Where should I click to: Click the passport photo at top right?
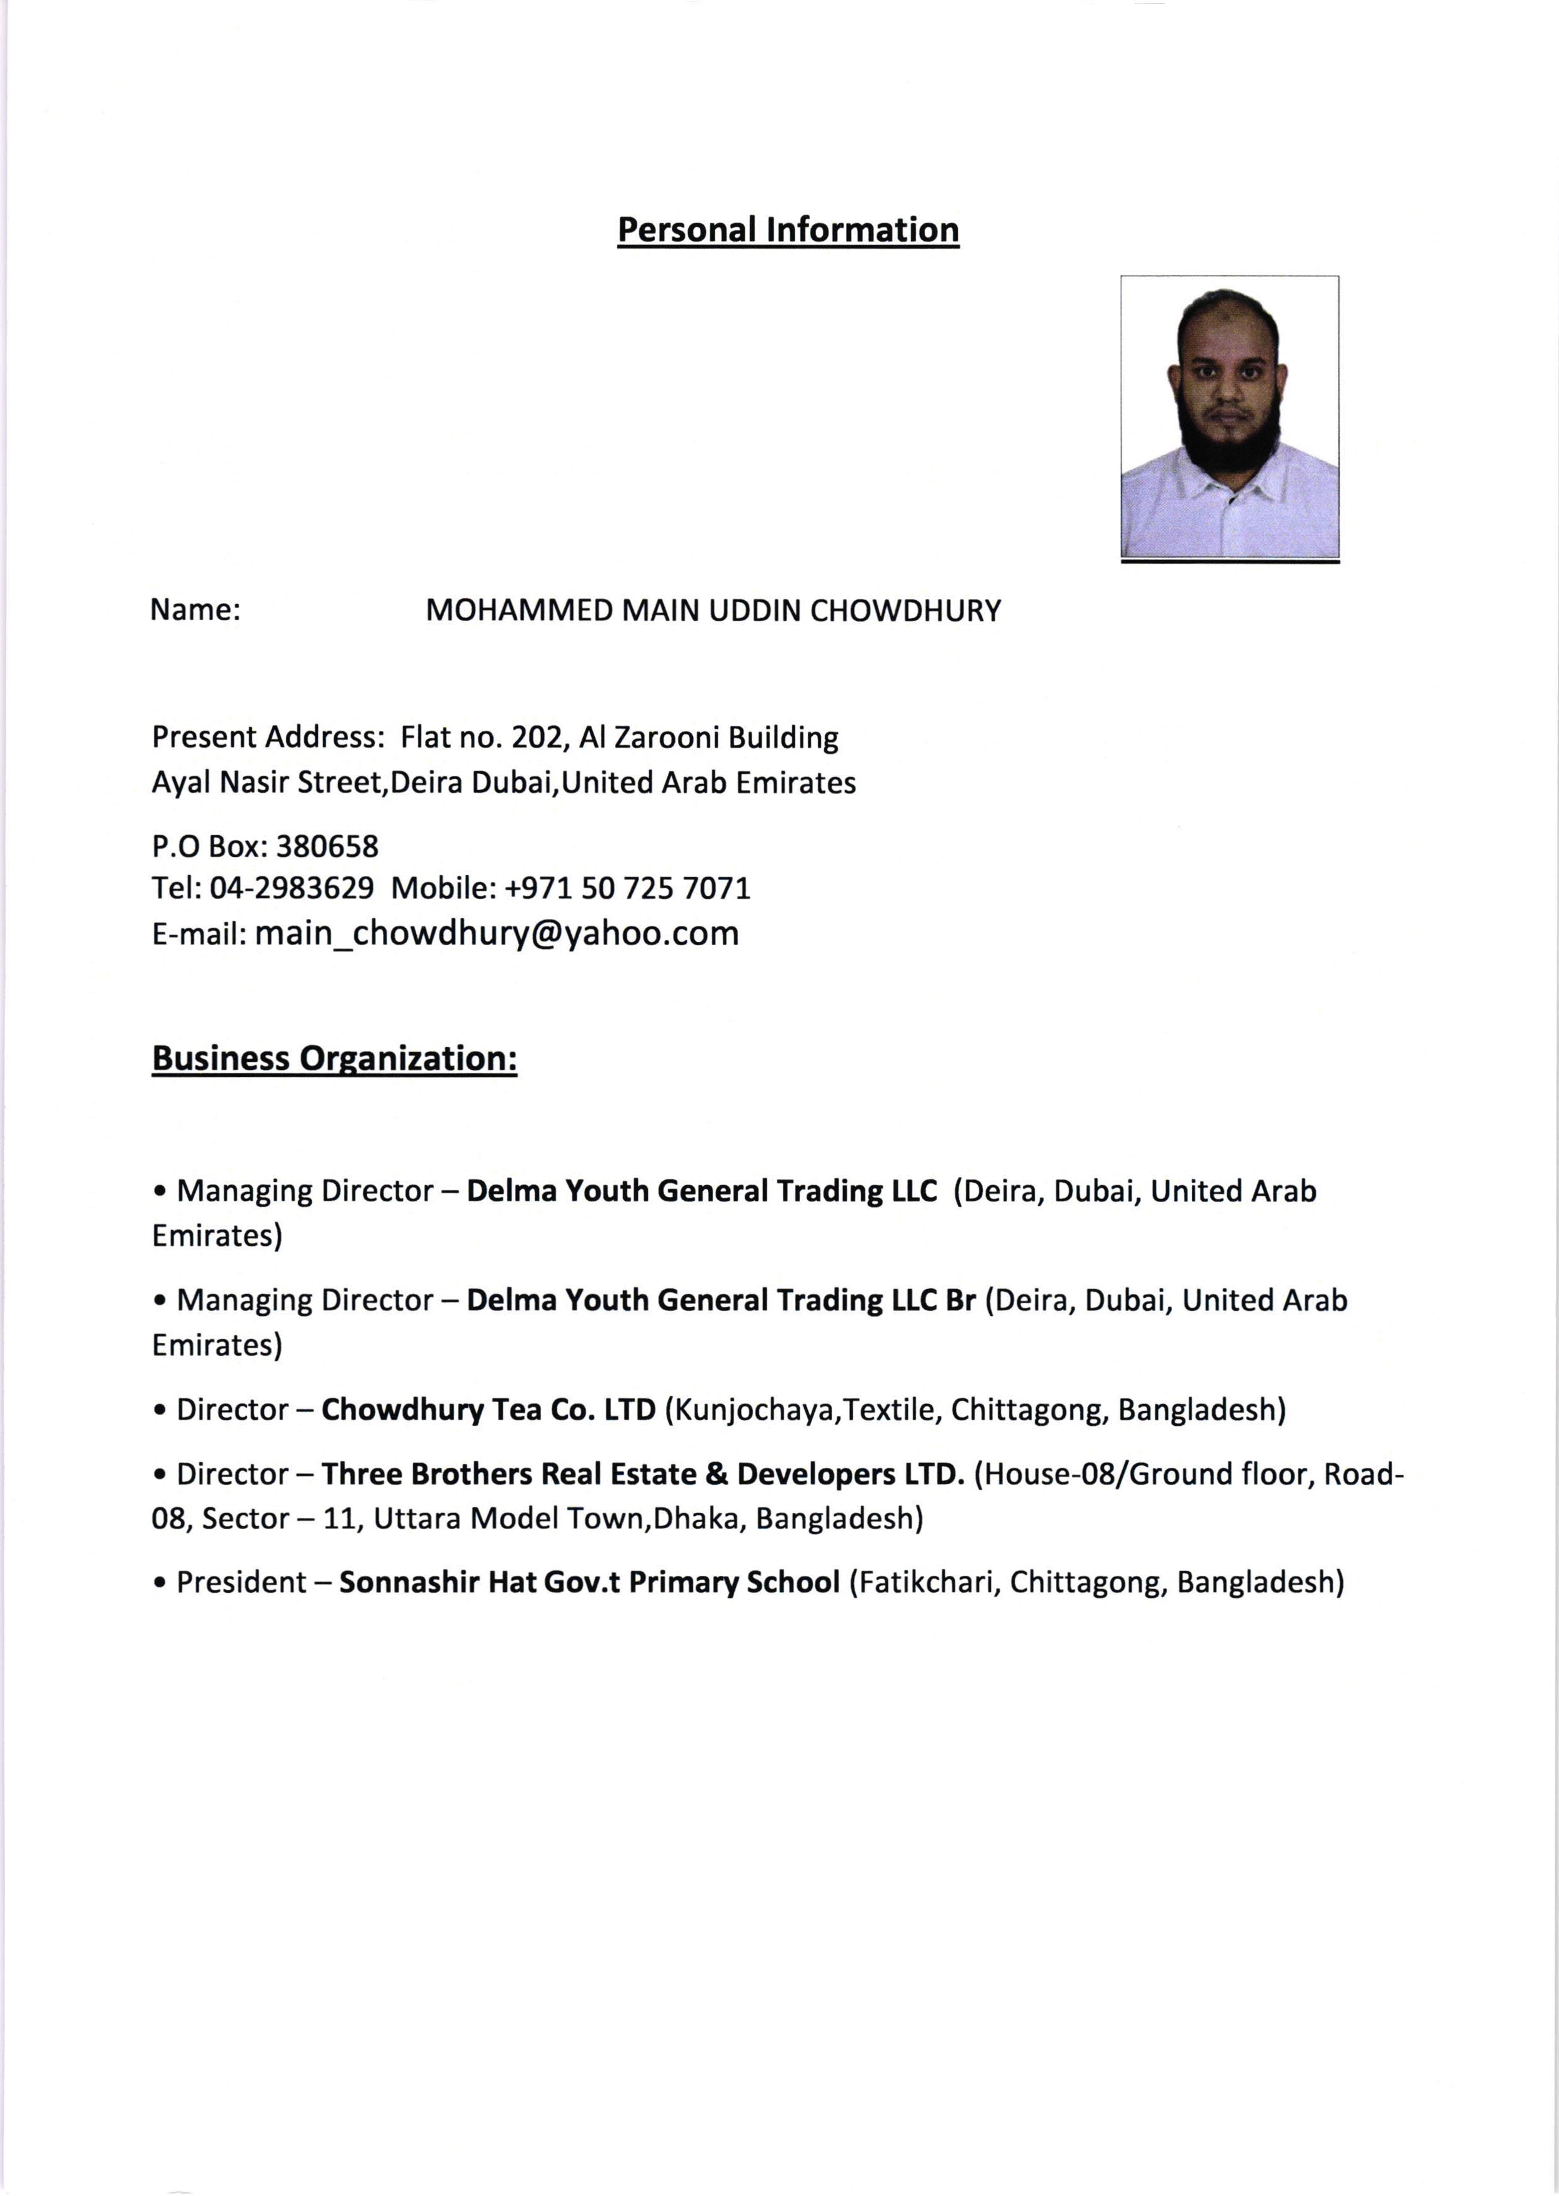pyautogui.click(x=1229, y=417)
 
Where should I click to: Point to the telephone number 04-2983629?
pyautogui.click(x=291, y=888)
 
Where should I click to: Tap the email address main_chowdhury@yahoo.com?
pyautogui.click(x=496, y=933)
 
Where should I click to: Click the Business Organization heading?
pyautogui.click(x=334, y=1058)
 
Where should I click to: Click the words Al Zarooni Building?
pyautogui.click(x=709, y=738)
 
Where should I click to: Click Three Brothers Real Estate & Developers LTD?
pyautogui.click(x=642, y=1474)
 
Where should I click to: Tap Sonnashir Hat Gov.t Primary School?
pyautogui.click(x=589, y=1582)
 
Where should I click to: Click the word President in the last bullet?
pyautogui.click(x=241, y=1582)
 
